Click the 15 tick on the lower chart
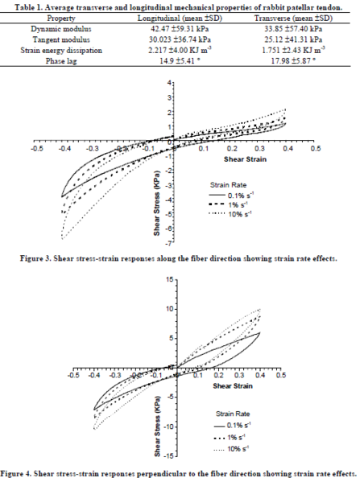point(168,279)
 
